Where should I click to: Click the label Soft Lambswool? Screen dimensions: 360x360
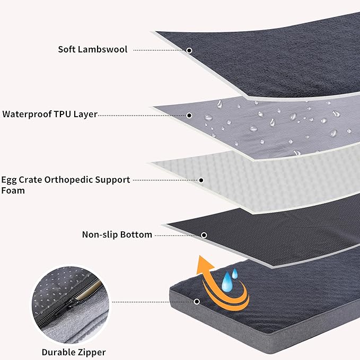pyautogui.click(x=92, y=49)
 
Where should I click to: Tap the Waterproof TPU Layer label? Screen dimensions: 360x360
pyautogui.click(x=50, y=114)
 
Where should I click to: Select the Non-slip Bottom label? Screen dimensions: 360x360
pyautogui.click(x=117, y=234)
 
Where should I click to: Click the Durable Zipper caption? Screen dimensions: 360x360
pyautogui.click(x=74, y=352)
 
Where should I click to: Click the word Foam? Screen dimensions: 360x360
pyautogui.click(x=13, y=190)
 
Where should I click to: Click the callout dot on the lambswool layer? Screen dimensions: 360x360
pyautogui.click(x=189, y=50)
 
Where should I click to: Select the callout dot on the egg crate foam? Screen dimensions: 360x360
pyautogui.click(x=201, y=180)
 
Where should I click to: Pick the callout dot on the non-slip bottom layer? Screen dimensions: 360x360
pyautogui.click(x=204, y=235)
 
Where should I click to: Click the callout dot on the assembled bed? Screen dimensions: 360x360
pyautogui.click(x=197, y=302)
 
